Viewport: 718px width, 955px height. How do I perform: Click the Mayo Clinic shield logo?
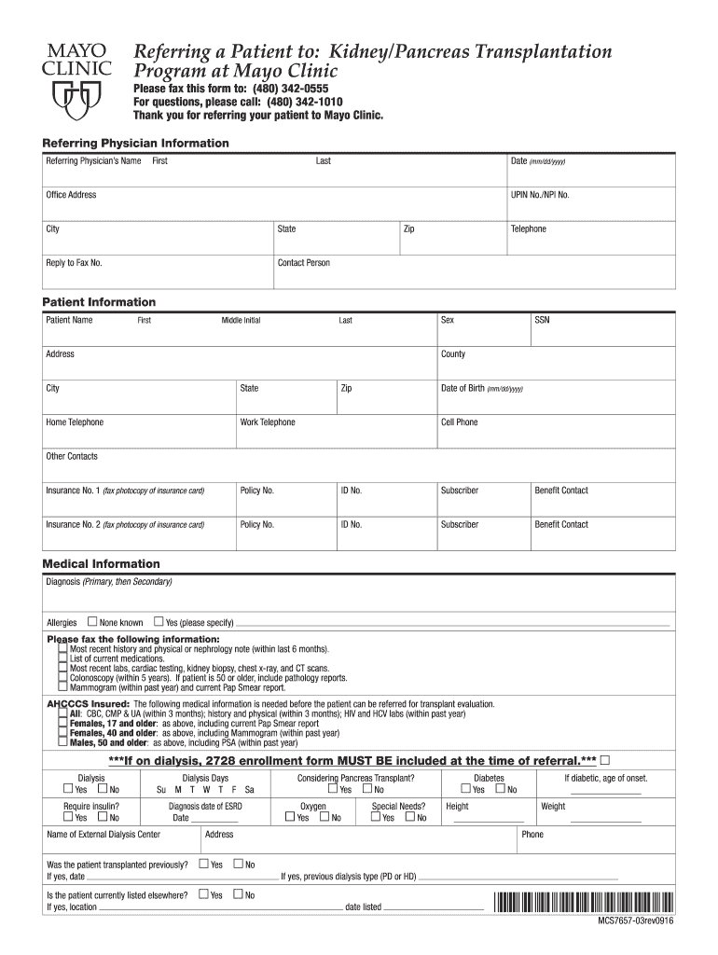tap(76, 96)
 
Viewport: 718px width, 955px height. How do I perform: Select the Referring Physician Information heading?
tap(136, 143)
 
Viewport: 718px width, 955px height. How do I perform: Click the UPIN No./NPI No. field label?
tap(540, 195)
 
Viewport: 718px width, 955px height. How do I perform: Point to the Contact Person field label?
tap(304, 263)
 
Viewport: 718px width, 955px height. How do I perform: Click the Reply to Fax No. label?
tap(75, 263)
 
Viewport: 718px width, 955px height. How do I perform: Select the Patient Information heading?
tap(100, 302)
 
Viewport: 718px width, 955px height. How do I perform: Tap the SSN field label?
tap(542, 320)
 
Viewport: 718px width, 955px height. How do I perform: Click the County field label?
tap(453, 354)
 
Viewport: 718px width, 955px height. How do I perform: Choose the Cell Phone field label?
tap(459, 422)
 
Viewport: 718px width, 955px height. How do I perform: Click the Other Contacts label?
tap(72, 456)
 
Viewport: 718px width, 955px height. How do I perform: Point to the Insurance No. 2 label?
tap(73, 524)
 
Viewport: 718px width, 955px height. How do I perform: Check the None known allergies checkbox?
tap(92, 621)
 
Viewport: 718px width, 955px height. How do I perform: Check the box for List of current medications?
tap(62, 658)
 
